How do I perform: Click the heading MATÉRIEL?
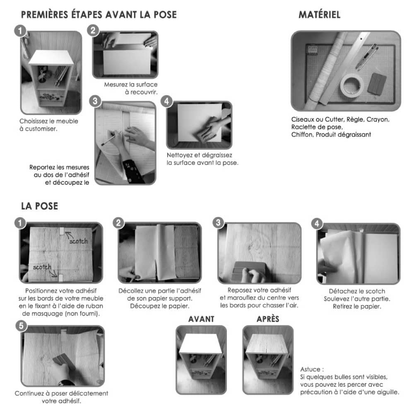pos(319,15)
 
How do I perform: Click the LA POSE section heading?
pos(39,206)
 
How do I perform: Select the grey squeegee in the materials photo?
pos(376,81)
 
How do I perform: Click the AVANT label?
pos(201,319)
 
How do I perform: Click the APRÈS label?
pos(268,319)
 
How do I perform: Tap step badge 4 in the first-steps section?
pos(166,101)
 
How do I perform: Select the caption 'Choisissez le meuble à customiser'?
pos(49,125)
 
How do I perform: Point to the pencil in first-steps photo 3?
pos(108,138)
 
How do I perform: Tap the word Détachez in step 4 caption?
pos(342,291)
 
